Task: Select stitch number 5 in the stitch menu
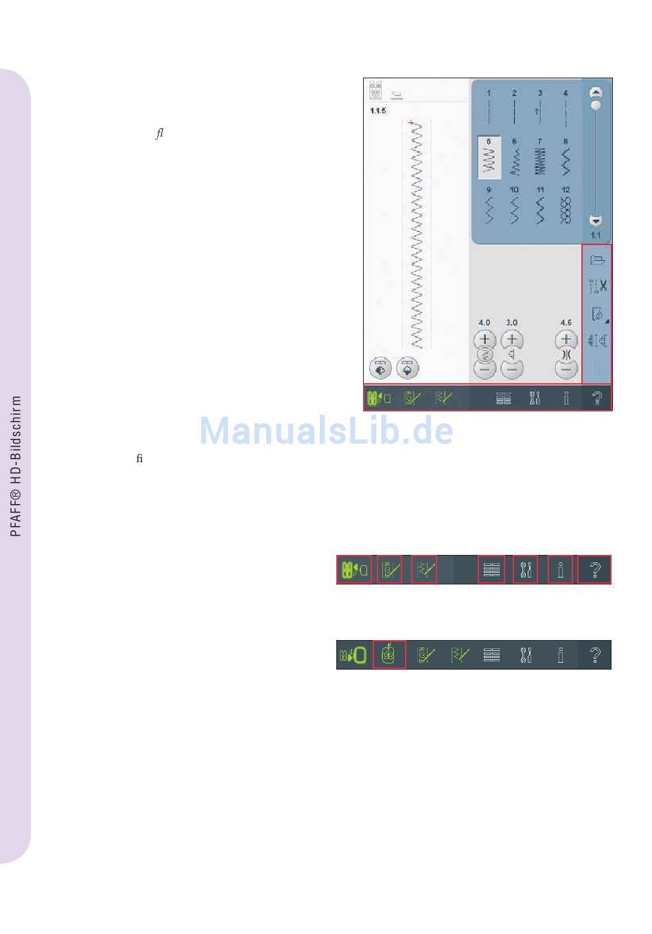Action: (x=489, y=158)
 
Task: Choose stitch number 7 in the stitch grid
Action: (x=539, y=158)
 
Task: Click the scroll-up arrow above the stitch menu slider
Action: (x=596, y=92)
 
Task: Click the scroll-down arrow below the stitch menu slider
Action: (x=596, y=221)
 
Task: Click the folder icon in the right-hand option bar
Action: (x=597, y=260)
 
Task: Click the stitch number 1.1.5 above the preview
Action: (x=378, y=111)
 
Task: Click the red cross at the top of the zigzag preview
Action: (x=410, y=122)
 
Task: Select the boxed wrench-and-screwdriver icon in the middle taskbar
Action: (x=526, y=569)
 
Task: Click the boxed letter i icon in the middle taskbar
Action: (x=561, y=569)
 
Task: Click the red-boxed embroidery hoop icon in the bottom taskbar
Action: (x=389, y=654)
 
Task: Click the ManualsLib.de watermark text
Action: (x=326, y=431)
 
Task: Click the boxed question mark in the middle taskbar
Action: (x=595, y=569)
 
